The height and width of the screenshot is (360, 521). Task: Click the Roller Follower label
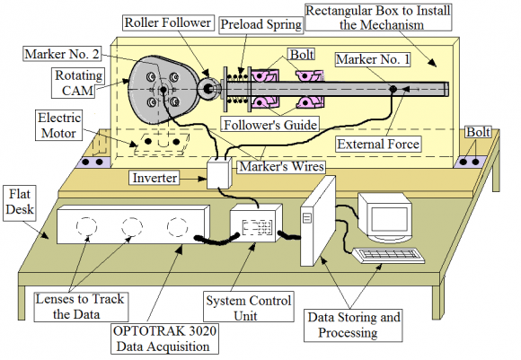pyautogui.click(x=168, y=22)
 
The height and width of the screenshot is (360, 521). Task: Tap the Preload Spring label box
pyautogui.click(x=261, y=24)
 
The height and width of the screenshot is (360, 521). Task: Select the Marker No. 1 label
pyautogui.click(x=373, y=59)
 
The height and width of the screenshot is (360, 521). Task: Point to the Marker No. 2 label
pyautogui.click(x=62, y=54)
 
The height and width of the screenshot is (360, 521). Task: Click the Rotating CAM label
pyautogui.click(x=78, y=83)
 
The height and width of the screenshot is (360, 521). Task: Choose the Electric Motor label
pyautogui.click(x=58, y=126)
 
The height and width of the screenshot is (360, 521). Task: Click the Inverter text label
pyautogui.click(x=155, y=178)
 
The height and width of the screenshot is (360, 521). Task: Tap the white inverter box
pyautogui.click(x=219, y=172)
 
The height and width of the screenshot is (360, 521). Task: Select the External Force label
pyautogui.click(x=378, y=145)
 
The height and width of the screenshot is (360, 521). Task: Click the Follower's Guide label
pyautogui.click(x=270, y=125)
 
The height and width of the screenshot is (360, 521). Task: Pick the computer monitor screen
pyautogui.click(x=389, y=219)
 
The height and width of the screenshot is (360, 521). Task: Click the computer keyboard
pyautogui.click(x=388, y=255)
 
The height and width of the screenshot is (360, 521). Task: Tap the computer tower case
pyautogui.click(x=317, y=222)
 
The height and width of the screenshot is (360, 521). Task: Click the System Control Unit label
pyautogui.click(x=248, y=307)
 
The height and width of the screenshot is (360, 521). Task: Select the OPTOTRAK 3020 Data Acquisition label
pyautogui.click(x=164, y=338)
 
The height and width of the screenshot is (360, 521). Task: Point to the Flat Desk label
pyautogui.click(x=20, y=202)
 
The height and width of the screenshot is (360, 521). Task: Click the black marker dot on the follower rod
pyautogui.click(x=393, y=89)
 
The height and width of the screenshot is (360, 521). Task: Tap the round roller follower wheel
pyautogui.click(x=208, y=89)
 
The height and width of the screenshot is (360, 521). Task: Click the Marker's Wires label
pyautogui.click(x=281, y=166)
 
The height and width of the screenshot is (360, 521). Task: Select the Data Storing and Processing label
pyautogui.click(x=353, y=325)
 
